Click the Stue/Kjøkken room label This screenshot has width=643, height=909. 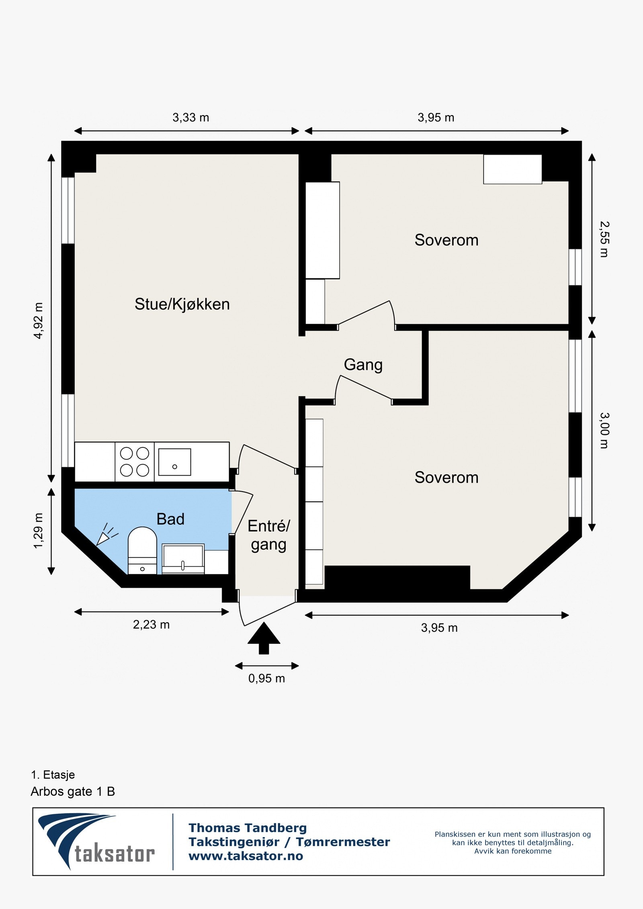(x=182, y=304)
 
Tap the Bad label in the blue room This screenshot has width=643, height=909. (x=170, y=519)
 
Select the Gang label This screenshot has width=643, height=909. (x=363, y=365)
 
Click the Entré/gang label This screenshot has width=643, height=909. (x=268, y=535)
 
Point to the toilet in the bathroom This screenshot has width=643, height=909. (x=142, y=550)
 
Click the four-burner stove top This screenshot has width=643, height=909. (x=135, y=462)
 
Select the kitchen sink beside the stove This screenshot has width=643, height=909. (x=174, y=462)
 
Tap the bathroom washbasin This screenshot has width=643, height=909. (x=183, y=558)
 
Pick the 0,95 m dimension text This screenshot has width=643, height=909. (x=266, y=678)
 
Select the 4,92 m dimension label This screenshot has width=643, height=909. (x=38, y=321)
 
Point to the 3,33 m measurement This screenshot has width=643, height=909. (x=191, y=118)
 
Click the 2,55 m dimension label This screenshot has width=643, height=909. (x=604, y=239)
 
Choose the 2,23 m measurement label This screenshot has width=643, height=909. (x=152, y=625)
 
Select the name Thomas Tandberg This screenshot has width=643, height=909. (x=248, y=828)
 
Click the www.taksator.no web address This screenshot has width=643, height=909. (x=246, y=856)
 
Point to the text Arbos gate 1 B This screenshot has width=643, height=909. (x=73, y=792)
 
